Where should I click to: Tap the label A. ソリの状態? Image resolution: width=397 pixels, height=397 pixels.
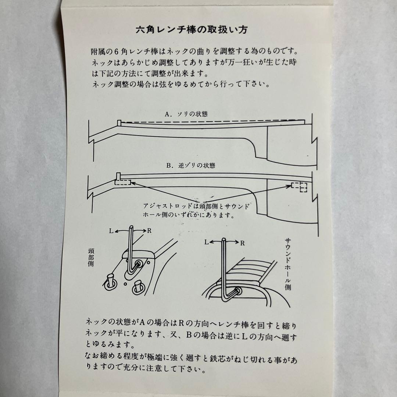click(187, 114)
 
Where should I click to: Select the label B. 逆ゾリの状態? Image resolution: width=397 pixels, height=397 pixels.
click(190, 166)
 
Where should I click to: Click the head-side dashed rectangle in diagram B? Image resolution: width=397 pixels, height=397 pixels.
click(122, 182)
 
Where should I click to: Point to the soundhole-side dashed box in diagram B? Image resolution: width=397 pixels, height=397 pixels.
click(299, 186)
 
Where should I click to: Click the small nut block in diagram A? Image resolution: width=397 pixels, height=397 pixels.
click(119, 123)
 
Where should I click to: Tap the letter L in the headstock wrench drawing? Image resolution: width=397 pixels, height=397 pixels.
click(111, 231)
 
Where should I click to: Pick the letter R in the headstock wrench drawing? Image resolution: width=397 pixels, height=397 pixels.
click(149, 231)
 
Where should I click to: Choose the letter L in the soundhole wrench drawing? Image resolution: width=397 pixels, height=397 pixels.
click(207, 243)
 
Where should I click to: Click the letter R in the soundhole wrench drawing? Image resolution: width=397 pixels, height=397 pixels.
click(243, 243)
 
